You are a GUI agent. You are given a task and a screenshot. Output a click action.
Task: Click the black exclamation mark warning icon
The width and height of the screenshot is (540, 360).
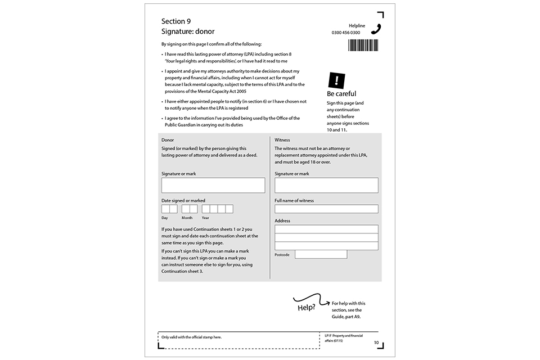point(336,80)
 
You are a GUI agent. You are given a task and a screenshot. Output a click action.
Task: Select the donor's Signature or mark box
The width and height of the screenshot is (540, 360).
point(213,185)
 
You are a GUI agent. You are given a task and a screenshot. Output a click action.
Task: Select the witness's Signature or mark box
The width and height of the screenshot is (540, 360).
point(326,185)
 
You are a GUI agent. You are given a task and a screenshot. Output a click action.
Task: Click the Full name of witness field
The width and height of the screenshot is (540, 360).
point(326,209)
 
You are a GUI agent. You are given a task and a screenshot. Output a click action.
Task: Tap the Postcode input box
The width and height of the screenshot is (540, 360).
point(321,254)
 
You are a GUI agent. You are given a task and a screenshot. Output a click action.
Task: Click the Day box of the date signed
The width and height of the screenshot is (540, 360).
point(169,209)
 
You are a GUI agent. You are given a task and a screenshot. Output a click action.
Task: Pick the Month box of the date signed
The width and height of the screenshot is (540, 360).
point(190,209)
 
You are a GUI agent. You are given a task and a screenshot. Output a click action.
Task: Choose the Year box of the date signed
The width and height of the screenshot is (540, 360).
point(217,209)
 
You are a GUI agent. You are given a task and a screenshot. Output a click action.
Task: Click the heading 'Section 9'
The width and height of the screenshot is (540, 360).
point(175,21)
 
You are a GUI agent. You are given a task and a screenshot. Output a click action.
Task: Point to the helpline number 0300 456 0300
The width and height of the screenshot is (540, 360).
point(346,33)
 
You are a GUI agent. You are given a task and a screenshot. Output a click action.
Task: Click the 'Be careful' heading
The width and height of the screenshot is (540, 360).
point(341,94)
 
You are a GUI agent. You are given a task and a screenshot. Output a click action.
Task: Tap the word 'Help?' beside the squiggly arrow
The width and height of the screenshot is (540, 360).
point(307,308)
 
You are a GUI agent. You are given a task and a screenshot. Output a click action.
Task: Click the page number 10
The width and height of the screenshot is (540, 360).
point(376,343)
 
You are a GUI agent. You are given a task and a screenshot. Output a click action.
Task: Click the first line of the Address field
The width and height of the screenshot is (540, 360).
point(326,229)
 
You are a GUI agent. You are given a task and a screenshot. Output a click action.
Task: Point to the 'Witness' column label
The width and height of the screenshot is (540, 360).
point(282,139)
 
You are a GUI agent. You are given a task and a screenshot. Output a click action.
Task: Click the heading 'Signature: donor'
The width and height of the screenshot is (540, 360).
point(188,31)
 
